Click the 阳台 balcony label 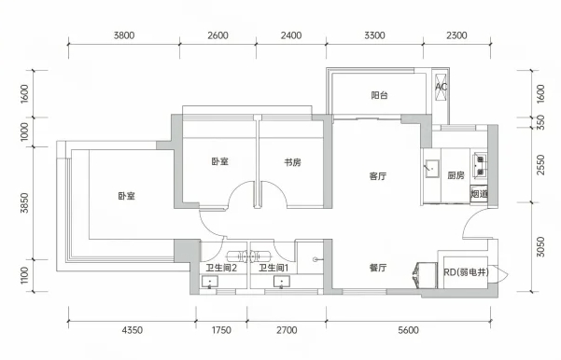[x=379, y=95]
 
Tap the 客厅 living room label [x=378, y=176]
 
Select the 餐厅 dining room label [x=378, y=268]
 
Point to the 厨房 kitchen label [x=456, y=175]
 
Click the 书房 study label [x=293, y=162]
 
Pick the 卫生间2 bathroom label [x=221, y=268]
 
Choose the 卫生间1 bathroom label [x=273, y=268]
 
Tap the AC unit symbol [x=442, y=87]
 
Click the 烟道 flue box [x=479, y=194]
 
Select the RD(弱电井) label [x=466, y=272]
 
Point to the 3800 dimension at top [x=124, y=35]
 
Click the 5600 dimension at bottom [x=408, y=330]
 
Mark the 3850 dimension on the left [x=24, y=202]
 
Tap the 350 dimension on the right [x=540, y=122]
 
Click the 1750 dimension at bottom [x=221, y=330]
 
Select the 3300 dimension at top [x=374, y=35]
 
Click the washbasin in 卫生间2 [x=210, y=282]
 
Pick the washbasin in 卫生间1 [x=282, y=282]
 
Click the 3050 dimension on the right [x=540, y=246]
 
